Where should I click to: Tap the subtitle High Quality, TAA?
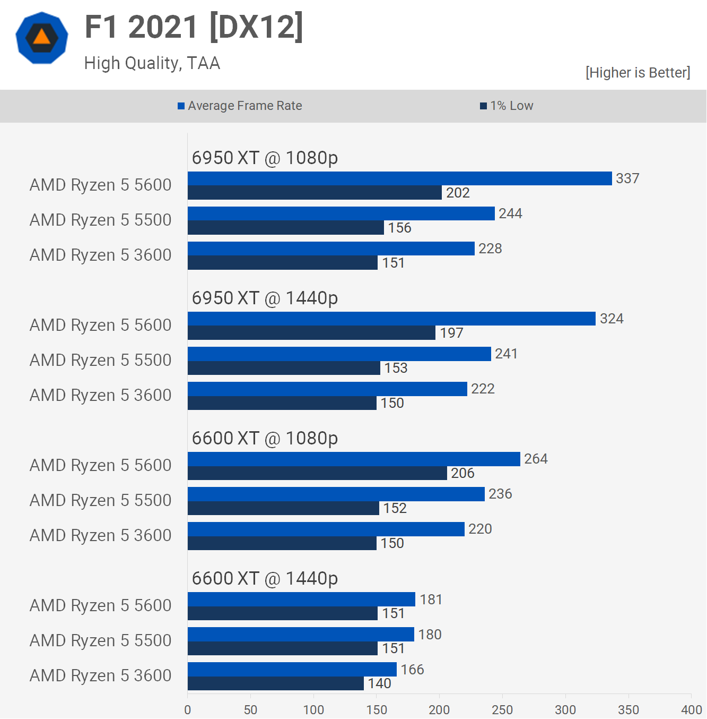(x=152, y=63)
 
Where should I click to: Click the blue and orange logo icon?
(x=42, y=38)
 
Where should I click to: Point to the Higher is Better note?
(x=638, y=73)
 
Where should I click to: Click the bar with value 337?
(x=399, y=178)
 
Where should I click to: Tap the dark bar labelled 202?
(x=315, y=193)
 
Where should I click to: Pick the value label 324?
(x=612, y=319)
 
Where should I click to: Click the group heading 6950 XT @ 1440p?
(x=265, y=298)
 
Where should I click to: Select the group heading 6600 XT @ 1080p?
(x=265, y=439)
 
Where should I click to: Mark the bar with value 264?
(x=354, y=459)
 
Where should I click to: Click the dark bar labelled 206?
(x=317, y=473)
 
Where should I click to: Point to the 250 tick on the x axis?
(x=502, y=709)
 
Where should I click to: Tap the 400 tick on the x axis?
(x=691, y=709)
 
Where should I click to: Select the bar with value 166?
(x=292, y=669)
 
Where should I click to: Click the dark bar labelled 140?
(x=276, y=683)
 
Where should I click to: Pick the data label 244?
(x=510, y=213)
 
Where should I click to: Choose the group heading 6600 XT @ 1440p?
(x=265, y=579)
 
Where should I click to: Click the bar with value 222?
(x=327, y=389)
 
